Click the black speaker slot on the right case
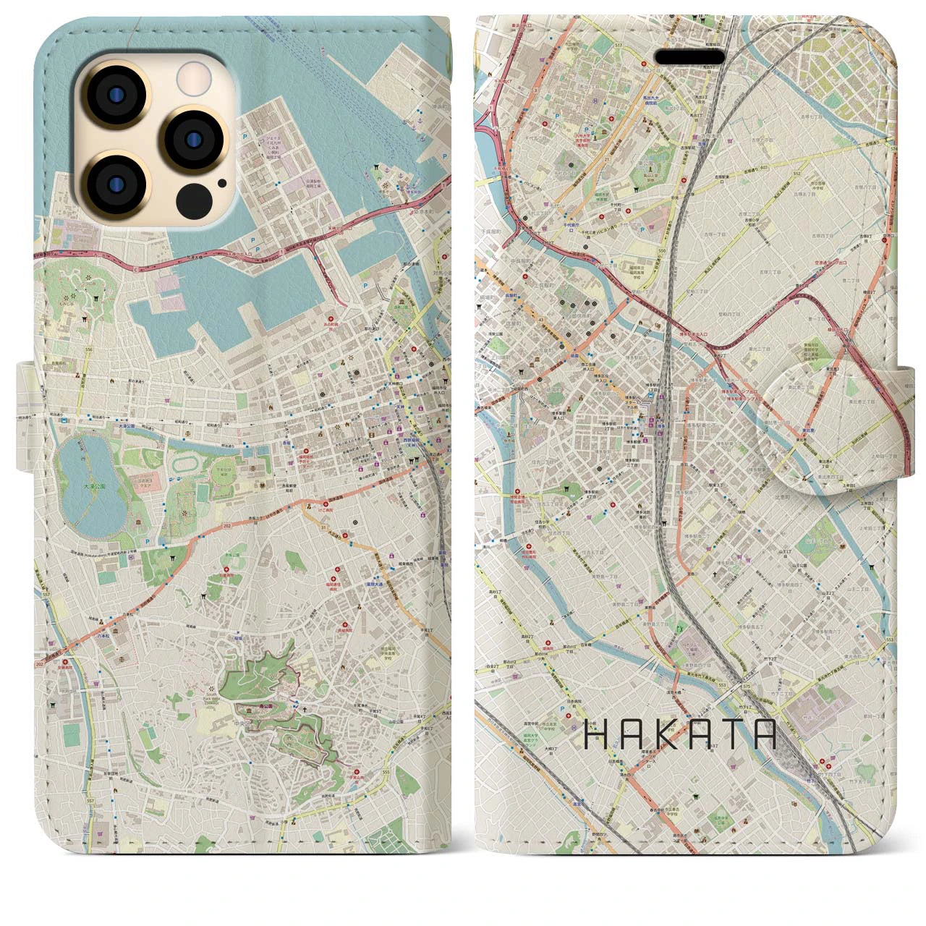[689, 56]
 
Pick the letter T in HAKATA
[727, 734]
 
